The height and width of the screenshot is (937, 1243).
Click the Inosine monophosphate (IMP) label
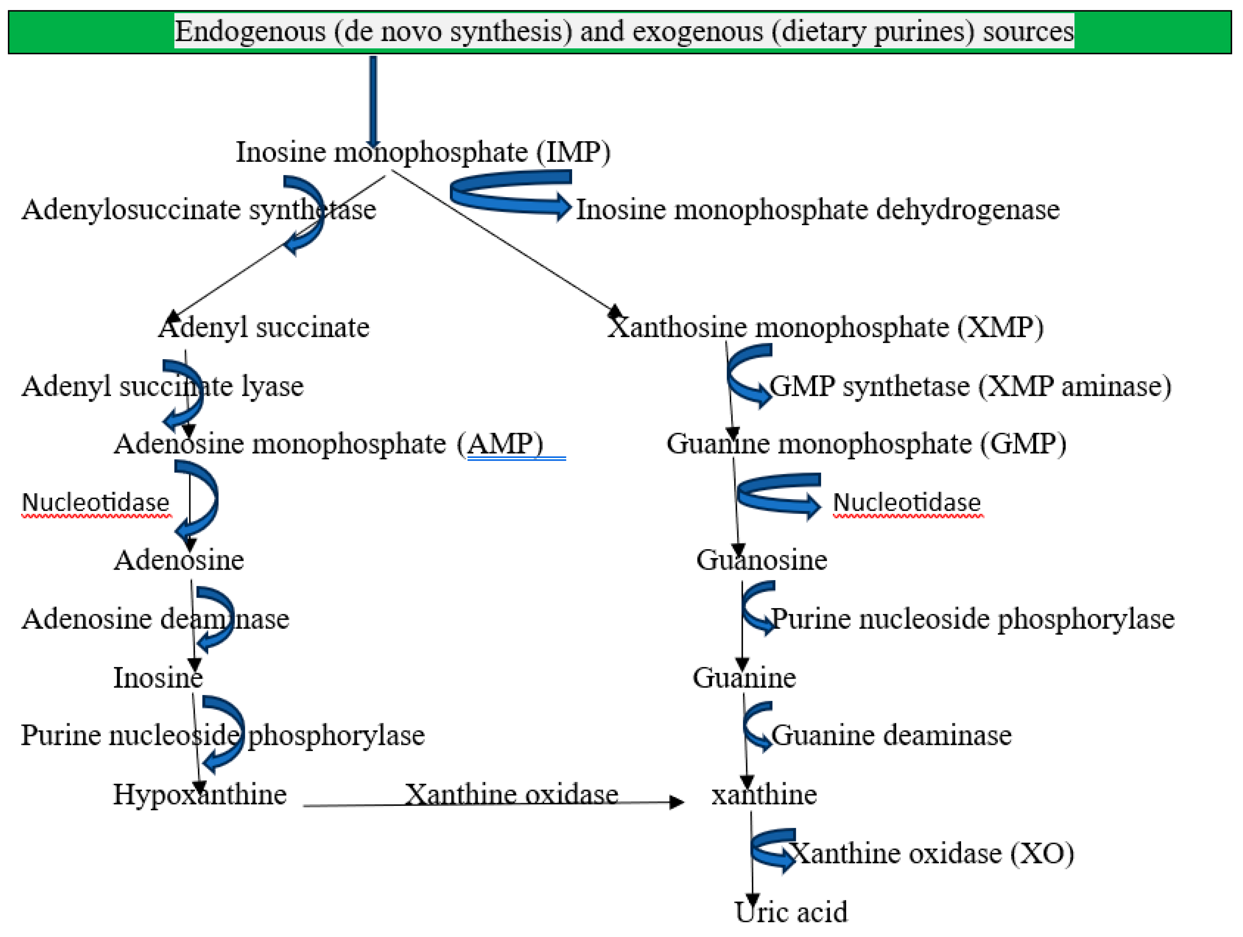tap(423, 152)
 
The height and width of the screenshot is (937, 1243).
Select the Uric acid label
tap(791, 912)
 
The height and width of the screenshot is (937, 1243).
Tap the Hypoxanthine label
tap(200, 794)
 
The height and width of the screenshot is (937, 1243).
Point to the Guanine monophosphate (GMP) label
tap(866, 444)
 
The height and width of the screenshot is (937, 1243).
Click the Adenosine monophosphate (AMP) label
tap(328, 444)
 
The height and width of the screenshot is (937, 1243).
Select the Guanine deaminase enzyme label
tap(891, 735)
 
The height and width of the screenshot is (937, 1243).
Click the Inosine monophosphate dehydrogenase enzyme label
tap(818, 209)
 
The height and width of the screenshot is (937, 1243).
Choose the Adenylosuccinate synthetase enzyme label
tap(199, 209)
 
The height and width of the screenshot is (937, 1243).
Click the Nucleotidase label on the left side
tap(96, 502)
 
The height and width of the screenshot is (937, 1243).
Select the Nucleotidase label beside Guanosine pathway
tap(907, 502)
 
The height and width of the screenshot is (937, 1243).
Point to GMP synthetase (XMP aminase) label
tap(970, 386)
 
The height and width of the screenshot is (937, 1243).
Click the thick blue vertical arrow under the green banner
tap(373, 98)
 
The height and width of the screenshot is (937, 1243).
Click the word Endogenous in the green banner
tap(250, 31)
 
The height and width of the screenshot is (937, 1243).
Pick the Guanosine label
tap(761, 560)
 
